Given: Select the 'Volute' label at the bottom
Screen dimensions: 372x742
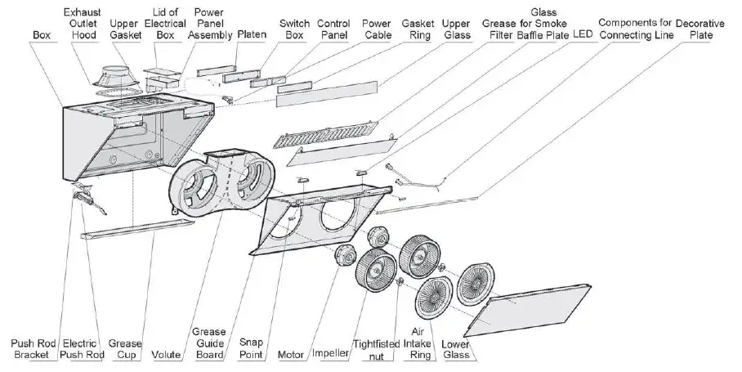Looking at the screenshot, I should [x=168, y=355].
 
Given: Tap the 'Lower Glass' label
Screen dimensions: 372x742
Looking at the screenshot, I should [x=455, y=349].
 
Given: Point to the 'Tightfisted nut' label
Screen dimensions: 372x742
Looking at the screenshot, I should [x=375, y=349].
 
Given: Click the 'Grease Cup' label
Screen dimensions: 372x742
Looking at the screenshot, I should [x=125, y=349].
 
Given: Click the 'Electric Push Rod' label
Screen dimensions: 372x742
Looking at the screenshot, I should [x=83, y=349].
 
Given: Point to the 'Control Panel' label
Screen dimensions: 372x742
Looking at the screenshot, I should [x=333, y=30].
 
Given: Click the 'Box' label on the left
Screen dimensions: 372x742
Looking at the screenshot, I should [x=40, y=36].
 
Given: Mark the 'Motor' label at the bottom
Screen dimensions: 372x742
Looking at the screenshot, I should [x=291, y=355].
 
